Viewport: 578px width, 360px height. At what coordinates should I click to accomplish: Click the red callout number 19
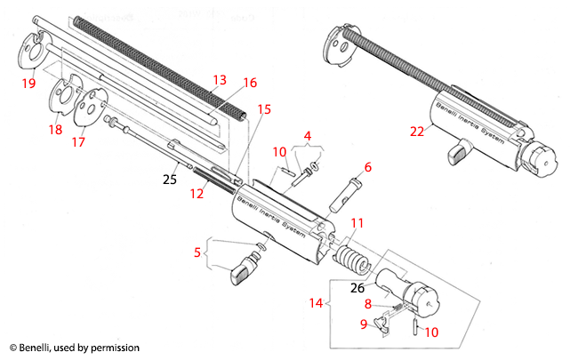28,84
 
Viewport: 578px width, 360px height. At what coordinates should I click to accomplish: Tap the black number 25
169,179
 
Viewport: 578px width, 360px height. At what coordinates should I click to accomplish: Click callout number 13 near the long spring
219,80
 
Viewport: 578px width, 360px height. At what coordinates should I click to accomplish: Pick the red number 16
250,83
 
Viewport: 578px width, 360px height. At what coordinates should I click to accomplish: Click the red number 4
308,136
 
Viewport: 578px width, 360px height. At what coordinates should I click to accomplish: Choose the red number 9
365,324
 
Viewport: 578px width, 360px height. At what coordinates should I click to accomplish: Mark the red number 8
368,304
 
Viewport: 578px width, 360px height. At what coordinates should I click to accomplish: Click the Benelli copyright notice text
75,348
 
